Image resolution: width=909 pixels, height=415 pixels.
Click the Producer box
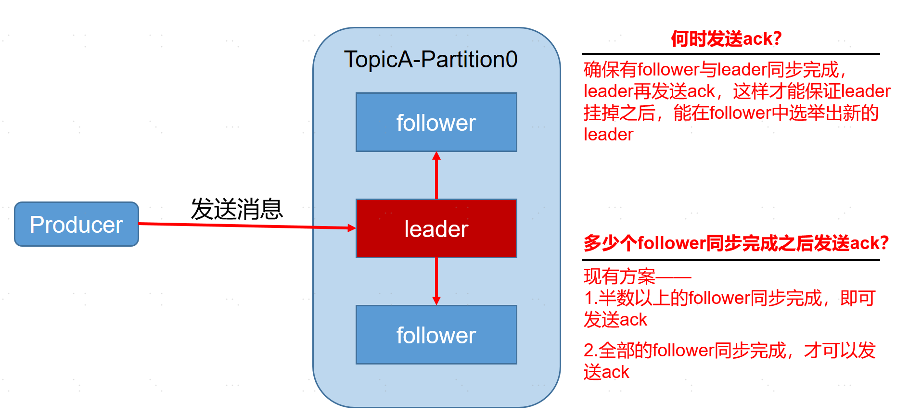click(x=77, y=224)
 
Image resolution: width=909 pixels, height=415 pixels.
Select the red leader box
click(x=436, y=228)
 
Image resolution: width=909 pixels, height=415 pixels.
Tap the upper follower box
click(x=436, y=122)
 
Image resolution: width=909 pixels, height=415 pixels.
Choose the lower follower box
click(x=436, y=335)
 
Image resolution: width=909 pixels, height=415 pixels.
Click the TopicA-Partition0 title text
click(x=431, y=60)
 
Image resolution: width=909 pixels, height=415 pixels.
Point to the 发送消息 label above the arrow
click(x=237, y=209)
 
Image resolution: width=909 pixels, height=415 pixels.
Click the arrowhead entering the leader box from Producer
click(x=351, y=228)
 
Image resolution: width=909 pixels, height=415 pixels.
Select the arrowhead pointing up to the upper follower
click(x=436, y=156)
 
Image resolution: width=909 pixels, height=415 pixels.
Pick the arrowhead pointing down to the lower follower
click(x=436, y=301)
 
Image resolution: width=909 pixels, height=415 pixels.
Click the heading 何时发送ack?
click(x=726, y=38)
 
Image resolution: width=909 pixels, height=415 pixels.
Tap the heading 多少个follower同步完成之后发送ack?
click(x=736, y=243)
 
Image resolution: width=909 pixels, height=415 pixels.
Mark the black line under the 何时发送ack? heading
click(x=730, y=54)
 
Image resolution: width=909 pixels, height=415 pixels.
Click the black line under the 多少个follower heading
click(x=730, y=260)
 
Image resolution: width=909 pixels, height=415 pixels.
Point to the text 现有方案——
click(x=637, y=277)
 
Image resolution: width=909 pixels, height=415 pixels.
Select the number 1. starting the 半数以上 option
click(x=590, y=298)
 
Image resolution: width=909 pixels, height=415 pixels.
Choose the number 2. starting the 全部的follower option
click(x=590, y=351)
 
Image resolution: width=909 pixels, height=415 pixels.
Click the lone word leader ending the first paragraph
click(x=608, y=135)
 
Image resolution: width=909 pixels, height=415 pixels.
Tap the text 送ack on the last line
click(x=606, y=372)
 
